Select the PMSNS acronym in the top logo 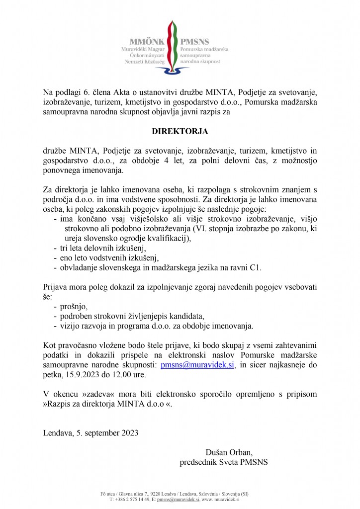click(x=195, y=42)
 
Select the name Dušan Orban click(x=229, y=452)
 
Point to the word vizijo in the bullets click(x=71, y=326)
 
